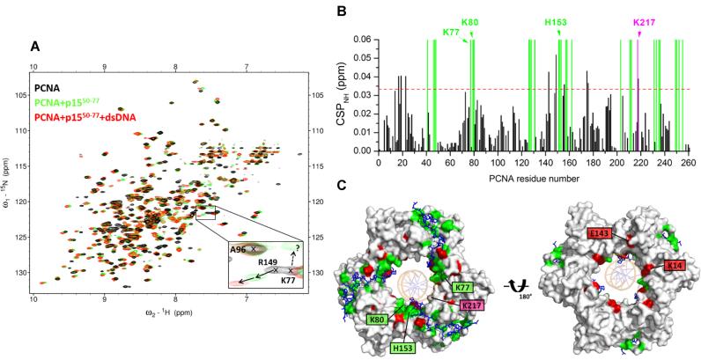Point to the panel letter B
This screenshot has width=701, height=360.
(350, 11)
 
